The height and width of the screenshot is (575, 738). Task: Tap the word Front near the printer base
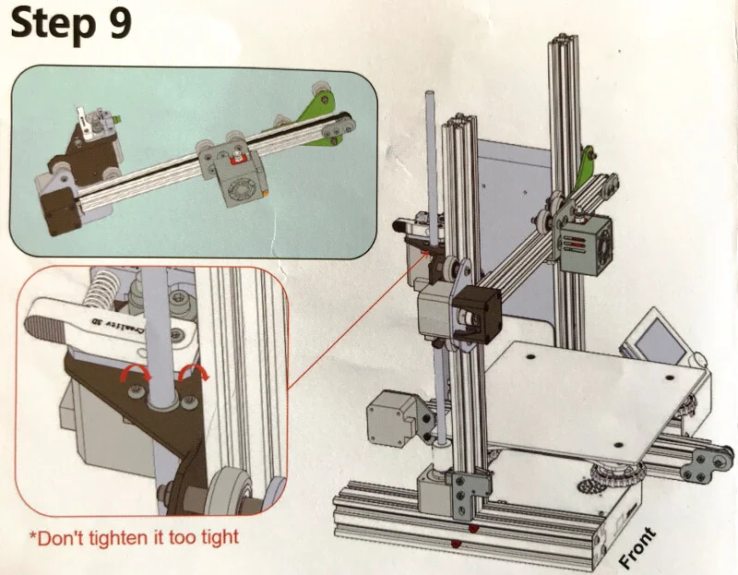pos(637,547)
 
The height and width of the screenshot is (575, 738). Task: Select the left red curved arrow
pos(136,375)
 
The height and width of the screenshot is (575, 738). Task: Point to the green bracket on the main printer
pos(586,168)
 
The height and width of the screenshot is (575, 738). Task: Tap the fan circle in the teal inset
pos(240,190)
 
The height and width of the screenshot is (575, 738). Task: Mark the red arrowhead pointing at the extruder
pos(427,254)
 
